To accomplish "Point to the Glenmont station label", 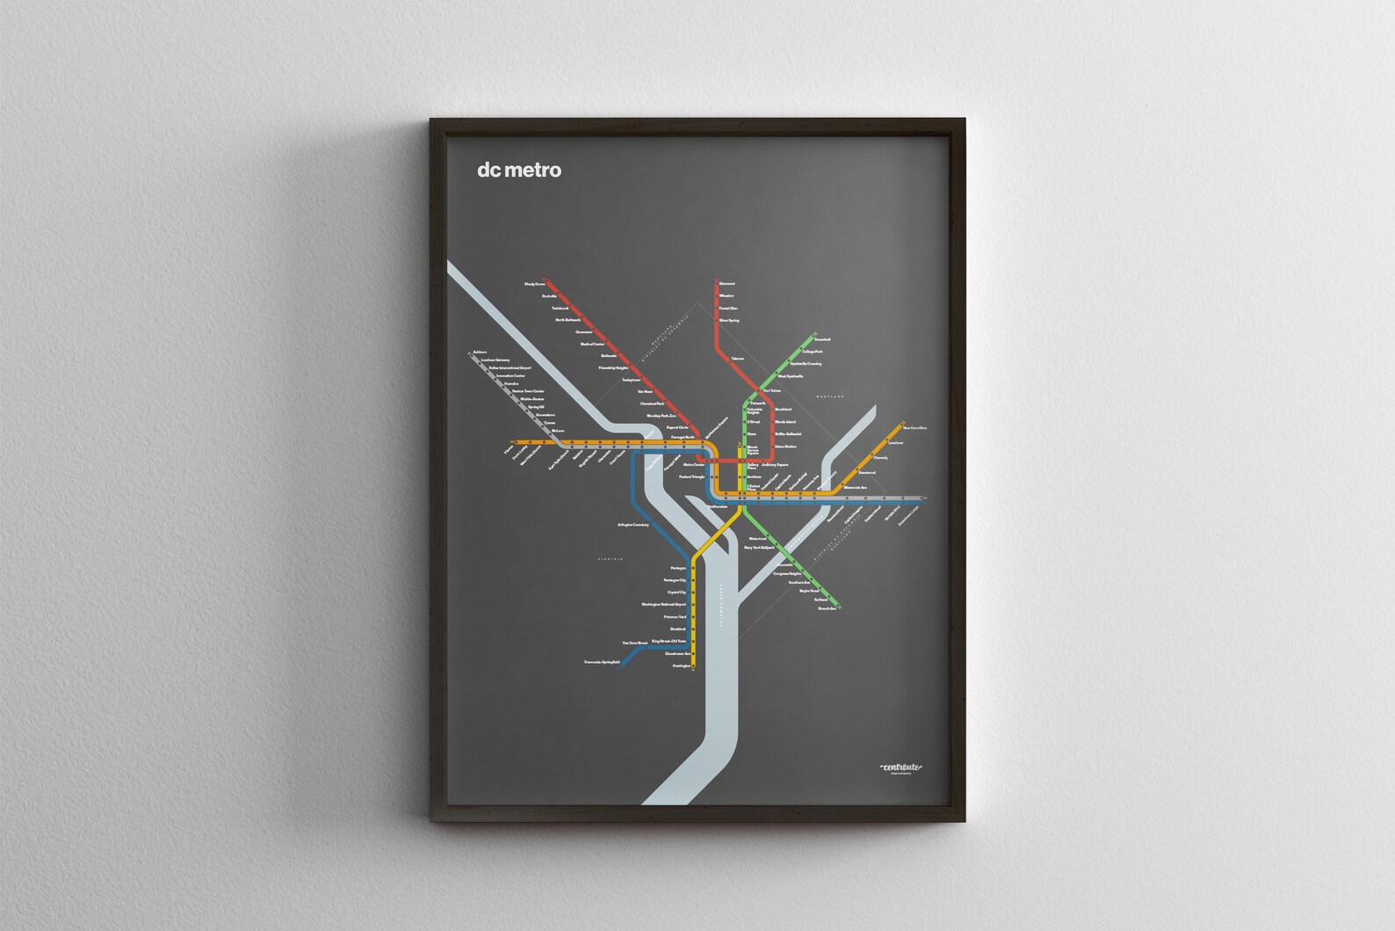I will [x=726, y=284].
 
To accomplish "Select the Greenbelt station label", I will [x=822, y=338].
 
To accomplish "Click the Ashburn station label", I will [x=480, y=353].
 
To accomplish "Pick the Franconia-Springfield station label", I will [x=602, y=661].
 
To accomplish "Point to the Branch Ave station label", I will [x=826, y=608].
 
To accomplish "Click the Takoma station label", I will [x=736, y=359].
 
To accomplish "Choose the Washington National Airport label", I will [x=663, y=605].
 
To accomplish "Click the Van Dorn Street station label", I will [x=634, y=643].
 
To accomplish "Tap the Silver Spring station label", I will [x=729, y=321].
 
